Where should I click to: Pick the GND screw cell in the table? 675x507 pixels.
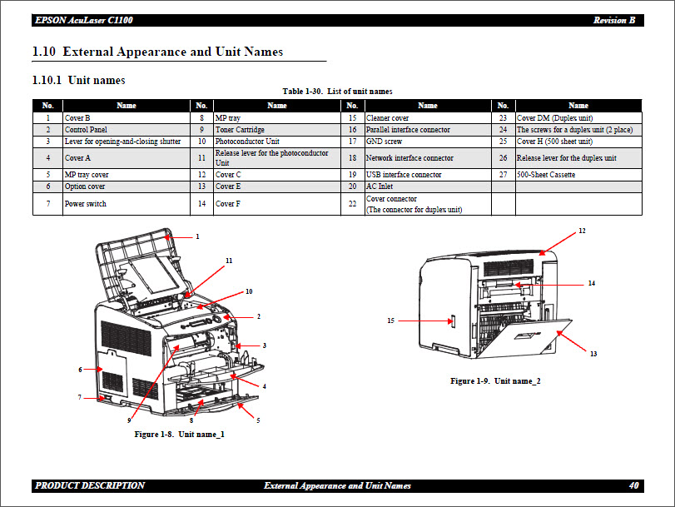(384, 142)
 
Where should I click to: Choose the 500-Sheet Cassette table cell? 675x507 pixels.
(545, 175)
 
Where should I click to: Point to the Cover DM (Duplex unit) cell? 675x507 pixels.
(554, 118)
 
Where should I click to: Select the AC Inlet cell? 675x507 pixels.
(380, 186)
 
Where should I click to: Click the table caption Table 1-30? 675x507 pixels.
(337, 92)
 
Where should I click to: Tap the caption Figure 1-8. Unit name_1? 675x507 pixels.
(179, 434)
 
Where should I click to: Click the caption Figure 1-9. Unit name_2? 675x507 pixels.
(495, 380)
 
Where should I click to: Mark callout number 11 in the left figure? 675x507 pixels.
(228, 261)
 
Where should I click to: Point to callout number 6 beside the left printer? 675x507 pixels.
(80, 369)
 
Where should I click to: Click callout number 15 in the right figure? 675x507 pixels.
(390, 320)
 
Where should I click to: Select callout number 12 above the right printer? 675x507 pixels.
(582, 230)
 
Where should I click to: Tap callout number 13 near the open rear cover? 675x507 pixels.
(593, 354)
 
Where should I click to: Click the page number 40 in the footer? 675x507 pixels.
(634, 485)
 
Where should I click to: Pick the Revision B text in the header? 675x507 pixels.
(614, 20)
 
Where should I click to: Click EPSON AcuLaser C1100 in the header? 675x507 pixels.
(83, 20)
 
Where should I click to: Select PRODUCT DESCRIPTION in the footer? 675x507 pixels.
(90, 485)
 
